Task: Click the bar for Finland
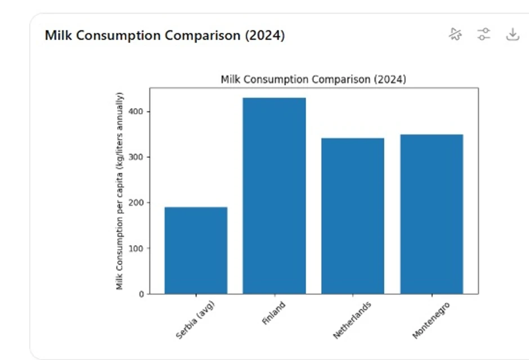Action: [274, 196]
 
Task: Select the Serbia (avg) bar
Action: [196, 250]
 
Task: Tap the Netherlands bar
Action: [353, 215]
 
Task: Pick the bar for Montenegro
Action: [432, 214]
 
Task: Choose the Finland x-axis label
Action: [274, 313]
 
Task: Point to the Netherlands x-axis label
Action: [352, 320]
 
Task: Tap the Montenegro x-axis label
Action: [431, 320]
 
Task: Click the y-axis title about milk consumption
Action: [120, 191]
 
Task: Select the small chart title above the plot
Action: [313, 79]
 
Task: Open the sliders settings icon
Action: [483, 34]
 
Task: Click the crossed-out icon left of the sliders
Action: [455, 34]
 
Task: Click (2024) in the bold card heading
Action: [264, 35]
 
